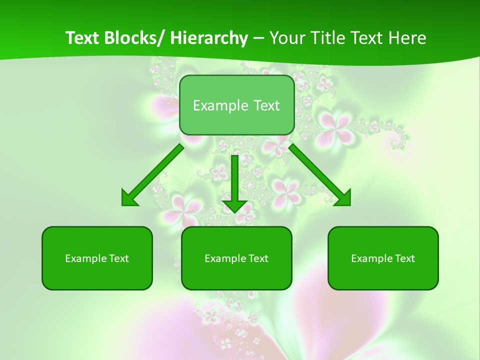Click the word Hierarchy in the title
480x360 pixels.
coord(209,38)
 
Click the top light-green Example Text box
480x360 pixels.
coord(236,105)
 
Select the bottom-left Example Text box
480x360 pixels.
coord(97,258)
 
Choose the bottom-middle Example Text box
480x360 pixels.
coord(236,258)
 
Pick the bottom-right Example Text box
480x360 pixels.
coord(383,258)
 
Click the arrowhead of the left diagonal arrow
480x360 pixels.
coord(129,198)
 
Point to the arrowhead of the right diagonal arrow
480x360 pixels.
coord(343,198)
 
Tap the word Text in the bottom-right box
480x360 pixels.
coord(404,258)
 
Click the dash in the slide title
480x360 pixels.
coord(258,38)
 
